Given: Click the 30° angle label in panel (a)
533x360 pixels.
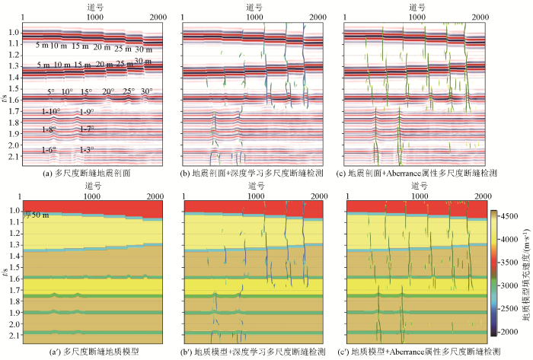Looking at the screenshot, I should pyautogui.click(x=145, y=91).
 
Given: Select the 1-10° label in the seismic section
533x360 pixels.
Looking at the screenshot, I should pyautogui.click(x=51, y=112).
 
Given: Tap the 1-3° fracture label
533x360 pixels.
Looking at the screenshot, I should pyautogui.click(x=88, y=150).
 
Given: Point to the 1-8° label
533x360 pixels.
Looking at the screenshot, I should pyautogui.click(x=49, y=130).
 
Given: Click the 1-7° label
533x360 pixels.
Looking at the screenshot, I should pyautogui.click(x=88, y=130).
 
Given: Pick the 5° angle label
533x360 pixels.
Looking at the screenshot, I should pyautogui.click(x=52, y=91).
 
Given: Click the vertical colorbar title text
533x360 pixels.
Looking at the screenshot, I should pyautogui.click(x=526, y=279).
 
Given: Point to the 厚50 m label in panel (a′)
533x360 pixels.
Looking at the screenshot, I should pyautogui.click(x=37, y=215).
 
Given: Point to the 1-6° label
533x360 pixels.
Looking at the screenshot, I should pyautogui.click(x=49, y=150).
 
